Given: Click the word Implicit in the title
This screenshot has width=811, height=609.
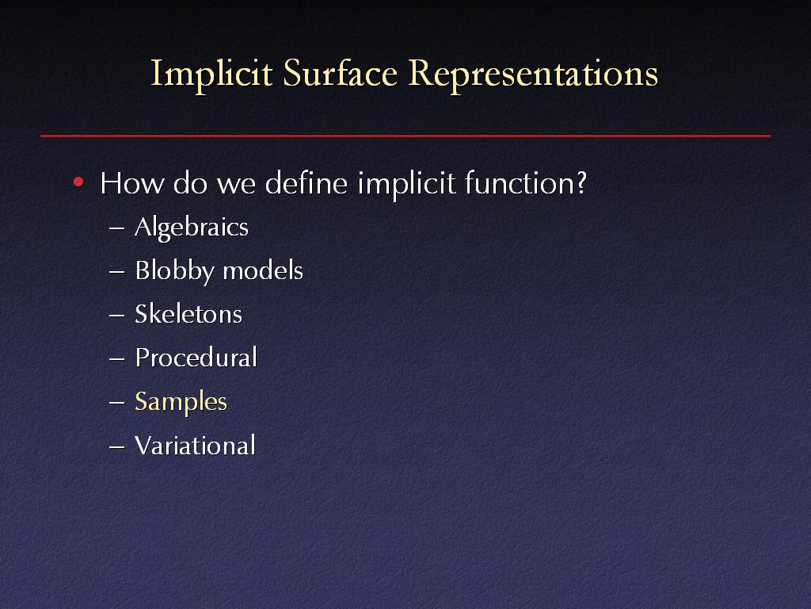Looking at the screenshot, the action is click(211, 75).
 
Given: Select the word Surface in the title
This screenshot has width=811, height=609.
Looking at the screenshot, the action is click(340, 73).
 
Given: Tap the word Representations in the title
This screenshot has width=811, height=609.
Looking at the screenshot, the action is click(533, 75).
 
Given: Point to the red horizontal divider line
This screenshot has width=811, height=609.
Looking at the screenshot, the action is click(405, 136).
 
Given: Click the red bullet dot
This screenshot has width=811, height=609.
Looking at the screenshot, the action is click(78, 182).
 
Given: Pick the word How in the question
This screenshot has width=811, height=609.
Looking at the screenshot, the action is click(132, 183).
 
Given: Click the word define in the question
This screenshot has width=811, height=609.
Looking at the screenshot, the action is click(306, 183).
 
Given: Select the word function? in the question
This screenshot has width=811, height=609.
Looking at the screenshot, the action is click(526, 183).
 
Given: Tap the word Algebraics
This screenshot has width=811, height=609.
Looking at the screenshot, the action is click(192, 228).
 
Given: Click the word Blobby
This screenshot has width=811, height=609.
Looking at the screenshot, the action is click(174, 271).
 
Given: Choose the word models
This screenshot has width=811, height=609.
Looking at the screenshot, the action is click(263, 270).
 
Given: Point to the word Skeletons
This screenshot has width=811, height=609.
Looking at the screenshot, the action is click(188, 314).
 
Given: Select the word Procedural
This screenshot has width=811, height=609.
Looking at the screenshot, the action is click(196, 358).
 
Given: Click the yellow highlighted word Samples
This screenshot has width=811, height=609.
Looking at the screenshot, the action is click(181, 402).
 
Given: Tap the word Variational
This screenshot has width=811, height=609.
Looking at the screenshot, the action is click(195, 446).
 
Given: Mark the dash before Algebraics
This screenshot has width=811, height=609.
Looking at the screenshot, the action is click(117, 228).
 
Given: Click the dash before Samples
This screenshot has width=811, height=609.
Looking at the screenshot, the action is click(117, 402).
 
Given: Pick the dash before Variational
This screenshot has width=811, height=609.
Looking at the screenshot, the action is click(117, 446).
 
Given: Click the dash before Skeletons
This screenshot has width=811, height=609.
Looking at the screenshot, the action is click(117, 316).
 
